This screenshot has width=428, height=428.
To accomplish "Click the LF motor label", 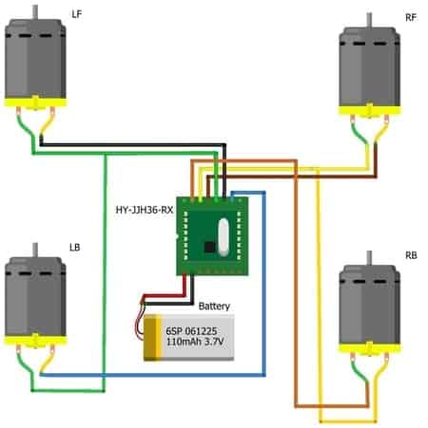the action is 77,14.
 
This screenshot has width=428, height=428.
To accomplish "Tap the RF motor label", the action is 411,18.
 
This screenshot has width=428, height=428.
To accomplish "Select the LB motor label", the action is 75,248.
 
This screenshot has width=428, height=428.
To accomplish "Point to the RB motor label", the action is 411,255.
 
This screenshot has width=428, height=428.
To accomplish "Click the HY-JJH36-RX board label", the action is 145,210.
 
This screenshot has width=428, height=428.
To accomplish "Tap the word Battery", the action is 214,307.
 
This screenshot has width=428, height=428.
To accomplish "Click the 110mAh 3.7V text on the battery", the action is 195,342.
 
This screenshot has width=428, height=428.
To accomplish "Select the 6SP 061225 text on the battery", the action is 191,331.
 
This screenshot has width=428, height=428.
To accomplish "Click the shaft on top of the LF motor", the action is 35,12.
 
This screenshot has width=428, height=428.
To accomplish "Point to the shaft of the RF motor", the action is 369,21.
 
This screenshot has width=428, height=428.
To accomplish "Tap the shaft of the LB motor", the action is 35,251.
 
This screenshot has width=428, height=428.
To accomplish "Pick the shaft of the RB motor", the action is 369,258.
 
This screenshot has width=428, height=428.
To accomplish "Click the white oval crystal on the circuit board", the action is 224,237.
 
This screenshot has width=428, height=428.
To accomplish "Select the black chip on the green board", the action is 209,247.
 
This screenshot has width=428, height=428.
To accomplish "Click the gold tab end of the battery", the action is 153,338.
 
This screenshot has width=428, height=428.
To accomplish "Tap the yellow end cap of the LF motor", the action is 35,103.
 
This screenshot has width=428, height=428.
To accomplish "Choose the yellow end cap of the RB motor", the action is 370,348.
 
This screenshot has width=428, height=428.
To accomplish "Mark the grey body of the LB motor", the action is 35,297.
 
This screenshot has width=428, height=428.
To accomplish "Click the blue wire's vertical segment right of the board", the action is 264,284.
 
